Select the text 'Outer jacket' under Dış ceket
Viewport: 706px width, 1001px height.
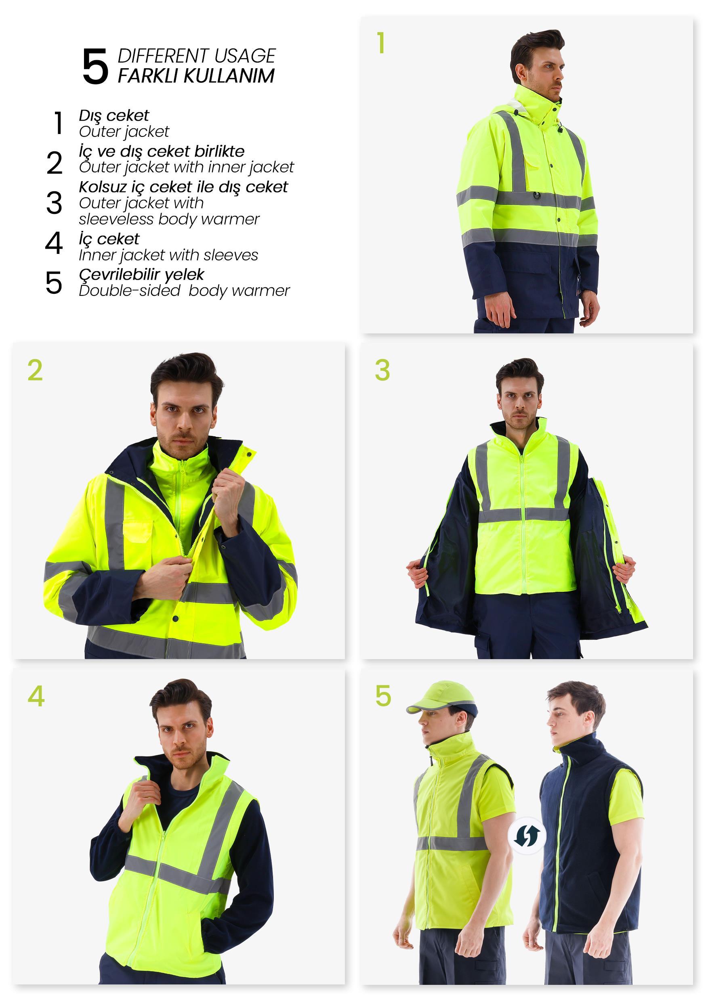(124, 131)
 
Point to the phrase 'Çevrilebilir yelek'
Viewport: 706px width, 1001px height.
(141, 274)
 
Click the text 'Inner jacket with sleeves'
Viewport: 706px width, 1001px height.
(168, 255)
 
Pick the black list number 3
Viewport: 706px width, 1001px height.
(54, 203)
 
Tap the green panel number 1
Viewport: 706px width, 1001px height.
(381, 43)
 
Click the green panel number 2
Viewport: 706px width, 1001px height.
(35, 371)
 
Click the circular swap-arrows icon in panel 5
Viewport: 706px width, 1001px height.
(527, 836)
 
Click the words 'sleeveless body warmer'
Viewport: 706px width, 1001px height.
(169, 219)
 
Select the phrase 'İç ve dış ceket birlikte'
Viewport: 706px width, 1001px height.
(162, 151)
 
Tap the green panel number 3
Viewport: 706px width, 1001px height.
(382, 371)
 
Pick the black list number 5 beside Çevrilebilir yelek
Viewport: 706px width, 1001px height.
(54, 283)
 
